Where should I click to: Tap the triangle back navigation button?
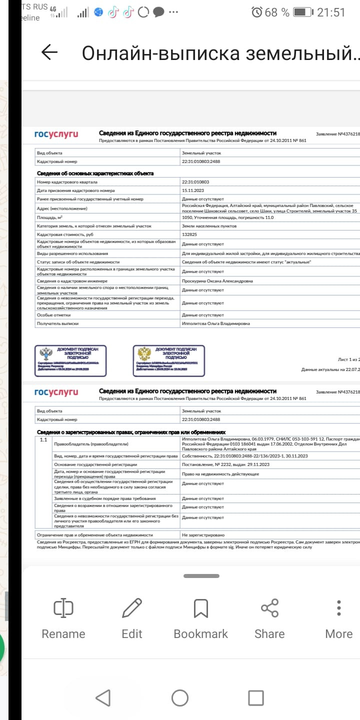103,698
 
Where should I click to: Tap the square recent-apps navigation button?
256,698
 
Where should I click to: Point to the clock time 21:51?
331,12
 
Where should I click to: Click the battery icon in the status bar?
302,12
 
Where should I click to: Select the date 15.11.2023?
193,190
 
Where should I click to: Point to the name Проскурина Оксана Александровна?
217,281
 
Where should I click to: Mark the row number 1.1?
43,440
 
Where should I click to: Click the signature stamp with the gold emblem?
168,359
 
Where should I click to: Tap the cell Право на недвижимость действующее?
220,473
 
